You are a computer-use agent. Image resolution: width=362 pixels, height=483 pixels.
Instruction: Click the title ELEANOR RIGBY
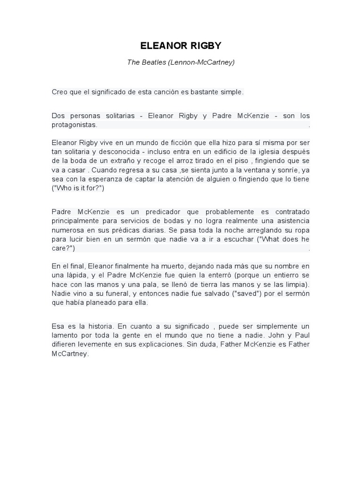point(181,46)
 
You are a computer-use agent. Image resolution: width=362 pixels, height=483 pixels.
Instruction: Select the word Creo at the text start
point(59,92)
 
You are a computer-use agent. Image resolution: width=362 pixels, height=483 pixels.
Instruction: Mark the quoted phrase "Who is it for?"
point(78,188)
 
